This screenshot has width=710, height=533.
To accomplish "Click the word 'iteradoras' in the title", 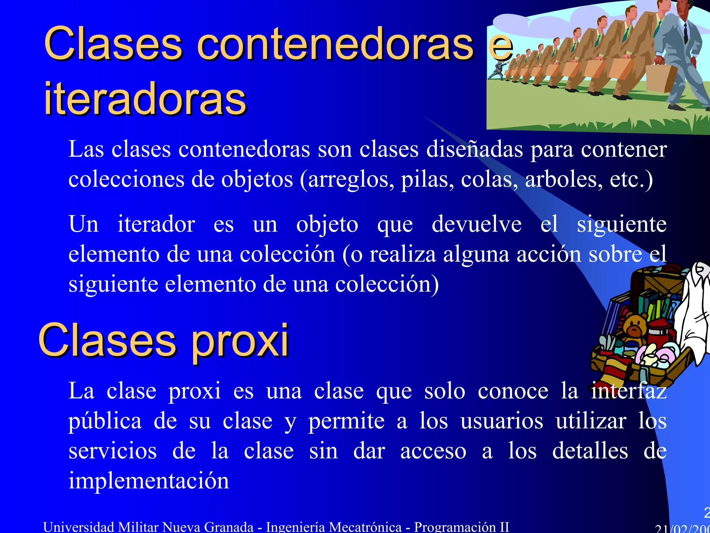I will tap(145, 99).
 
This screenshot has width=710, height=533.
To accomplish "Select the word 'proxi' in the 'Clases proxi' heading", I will tap(240, 341).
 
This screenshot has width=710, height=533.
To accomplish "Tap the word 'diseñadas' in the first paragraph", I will tap(474, 149).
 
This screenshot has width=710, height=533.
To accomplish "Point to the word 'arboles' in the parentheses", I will tap(564, 179).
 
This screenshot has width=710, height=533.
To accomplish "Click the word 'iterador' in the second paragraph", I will tap(156, 224).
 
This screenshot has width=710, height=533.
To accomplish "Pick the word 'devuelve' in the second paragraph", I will tap(476, 224).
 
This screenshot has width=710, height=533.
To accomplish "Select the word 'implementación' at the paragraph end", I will tap(149, 481).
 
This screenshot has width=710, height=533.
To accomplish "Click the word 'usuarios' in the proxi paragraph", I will tap(502, 421).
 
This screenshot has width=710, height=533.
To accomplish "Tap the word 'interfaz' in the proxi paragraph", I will tap(629, 391).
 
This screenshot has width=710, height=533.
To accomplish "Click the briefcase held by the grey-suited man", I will tap(660, 78).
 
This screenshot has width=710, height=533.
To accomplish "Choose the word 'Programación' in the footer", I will tap(455, 527).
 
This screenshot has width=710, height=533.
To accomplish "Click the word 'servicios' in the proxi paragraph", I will tap(113, 451).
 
